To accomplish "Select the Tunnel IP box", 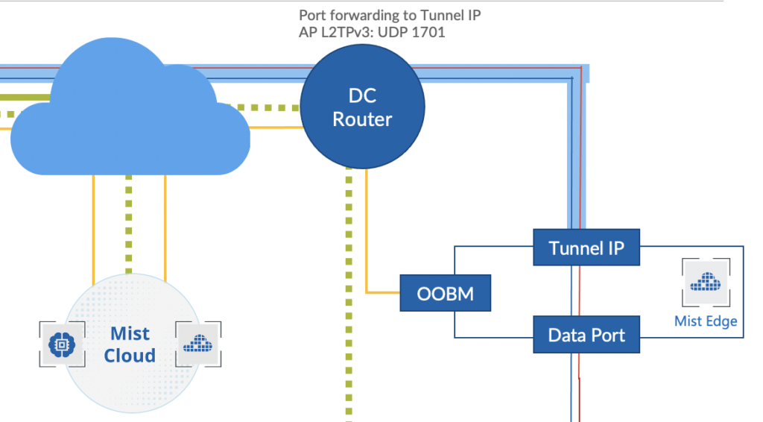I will coord(586,248).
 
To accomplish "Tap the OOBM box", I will coord(446,293).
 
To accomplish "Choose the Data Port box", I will coord(586,335).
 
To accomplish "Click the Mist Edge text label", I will coord(706,321).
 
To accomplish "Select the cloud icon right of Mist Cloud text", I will coord(197,344).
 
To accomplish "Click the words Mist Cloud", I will coord(130,344).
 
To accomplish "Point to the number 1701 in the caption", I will coord(428,33).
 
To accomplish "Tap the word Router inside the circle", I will coord(362,120).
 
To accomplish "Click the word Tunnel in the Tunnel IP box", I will coord(574,248).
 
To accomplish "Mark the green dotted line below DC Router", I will coord(348,298).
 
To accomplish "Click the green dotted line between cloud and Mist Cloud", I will coord(129,224).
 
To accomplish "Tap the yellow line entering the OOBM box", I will coord(383,291).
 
